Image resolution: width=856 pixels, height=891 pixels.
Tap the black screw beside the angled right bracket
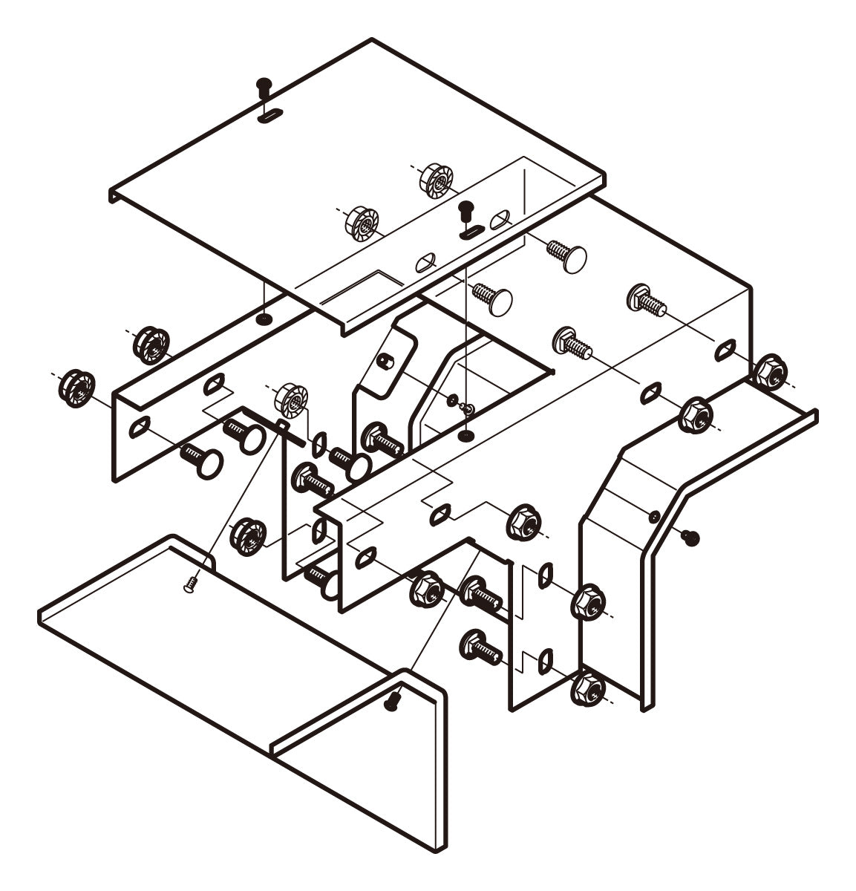pyautogui.click(x=691, y=536)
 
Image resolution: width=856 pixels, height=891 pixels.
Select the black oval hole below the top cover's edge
pyautogui.click(x=263, y=319)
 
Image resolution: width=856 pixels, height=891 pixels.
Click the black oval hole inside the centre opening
pyautogui.click(x=466, y=434)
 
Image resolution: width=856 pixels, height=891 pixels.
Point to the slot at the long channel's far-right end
pyautogui.click(x=726, y=348)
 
